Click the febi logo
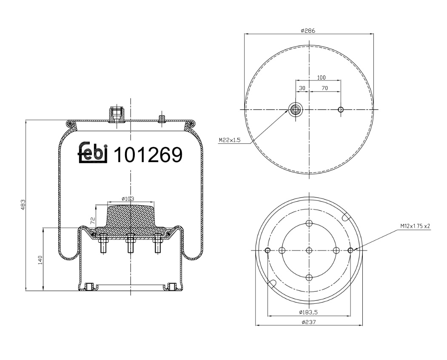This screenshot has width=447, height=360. point(93,152)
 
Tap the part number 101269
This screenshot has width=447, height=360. point(148,155)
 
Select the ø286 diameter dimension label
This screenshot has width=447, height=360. point(308,31)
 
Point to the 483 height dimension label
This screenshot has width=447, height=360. point(23,205)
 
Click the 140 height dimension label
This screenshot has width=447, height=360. point(40,260)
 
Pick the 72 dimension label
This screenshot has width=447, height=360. point(92,220)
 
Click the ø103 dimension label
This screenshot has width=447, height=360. point(128,199)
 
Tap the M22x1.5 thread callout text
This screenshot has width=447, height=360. point(230,140)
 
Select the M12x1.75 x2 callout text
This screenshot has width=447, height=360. point(415,226)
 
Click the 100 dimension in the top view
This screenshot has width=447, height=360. point(321,77)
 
